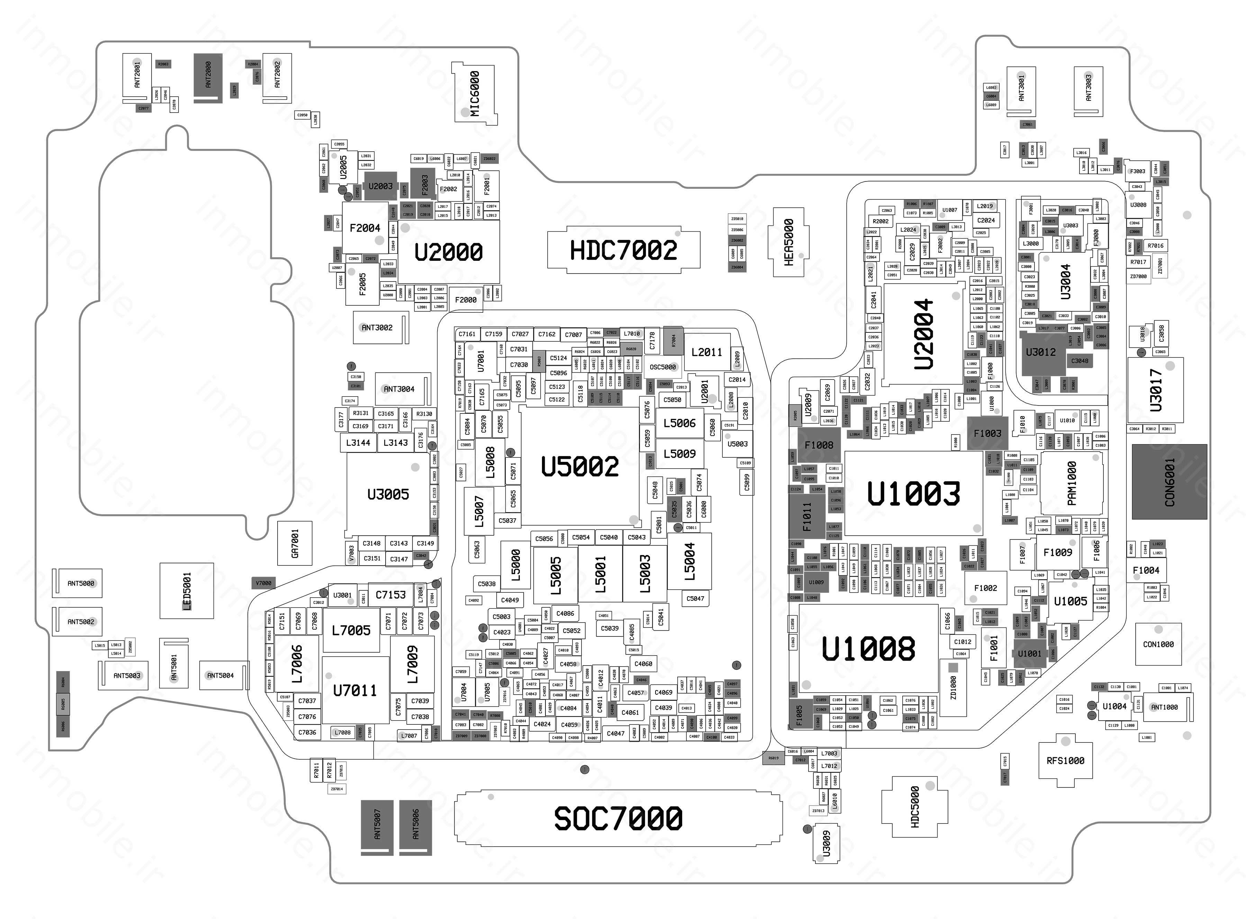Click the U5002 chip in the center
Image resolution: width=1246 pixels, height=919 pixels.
tap(579, 466)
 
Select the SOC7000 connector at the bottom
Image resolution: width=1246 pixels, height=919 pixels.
tap(618, 818)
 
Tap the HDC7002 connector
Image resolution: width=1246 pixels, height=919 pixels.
tap(623, 250)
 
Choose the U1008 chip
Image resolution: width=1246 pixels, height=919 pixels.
tap(868, 648)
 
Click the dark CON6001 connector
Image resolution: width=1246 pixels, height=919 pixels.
tap(1169, 482)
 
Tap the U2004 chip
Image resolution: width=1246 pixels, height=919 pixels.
tap(923, 334)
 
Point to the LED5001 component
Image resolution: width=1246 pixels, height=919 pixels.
tap(187, 591)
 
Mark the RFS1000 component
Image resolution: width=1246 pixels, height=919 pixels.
tap(1065, 760)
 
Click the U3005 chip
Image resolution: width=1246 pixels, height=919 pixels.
tap(388, 494)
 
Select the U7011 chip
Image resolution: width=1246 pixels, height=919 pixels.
tap(355, 690)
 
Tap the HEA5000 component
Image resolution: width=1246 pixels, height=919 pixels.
tap(788, 242)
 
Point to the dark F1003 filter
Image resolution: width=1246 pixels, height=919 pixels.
tap(987, 433)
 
